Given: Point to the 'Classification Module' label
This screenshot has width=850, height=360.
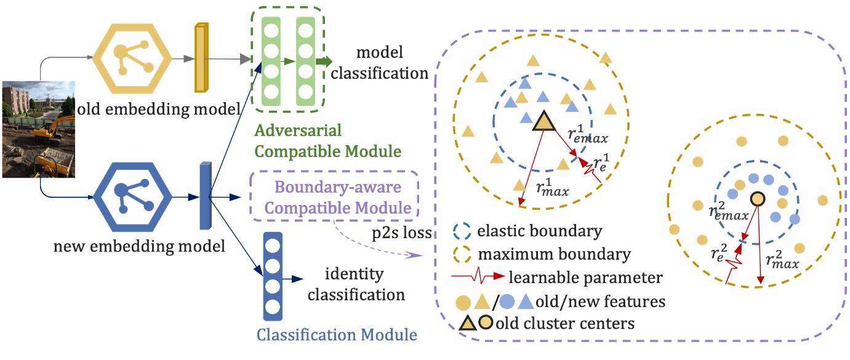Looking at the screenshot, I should [337, 335].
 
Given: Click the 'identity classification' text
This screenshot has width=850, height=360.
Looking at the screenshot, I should [356, 284].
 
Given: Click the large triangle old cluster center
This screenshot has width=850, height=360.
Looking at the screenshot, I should [543, 121].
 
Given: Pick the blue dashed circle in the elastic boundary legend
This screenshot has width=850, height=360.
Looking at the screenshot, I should [461, 232].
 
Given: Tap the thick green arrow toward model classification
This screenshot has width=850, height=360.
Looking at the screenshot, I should [324, 61].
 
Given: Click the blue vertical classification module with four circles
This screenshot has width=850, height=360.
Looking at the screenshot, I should [272, 276].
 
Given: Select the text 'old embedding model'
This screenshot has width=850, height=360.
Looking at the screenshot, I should [159, 110].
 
